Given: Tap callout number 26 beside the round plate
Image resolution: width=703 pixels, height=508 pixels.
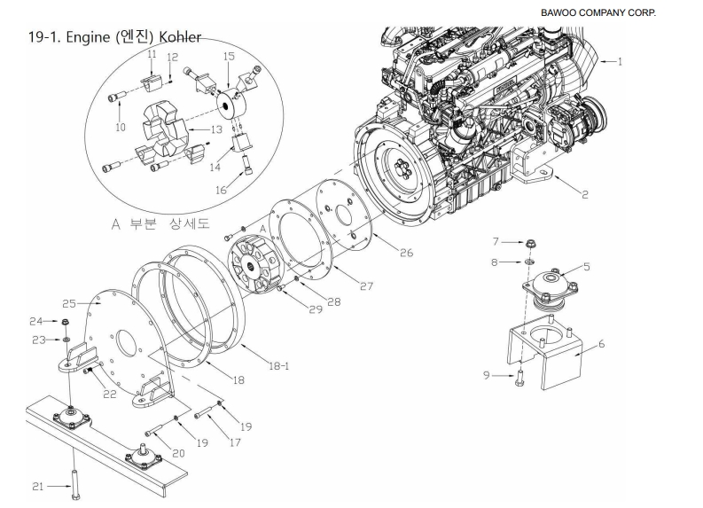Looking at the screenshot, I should [x=405, y=253].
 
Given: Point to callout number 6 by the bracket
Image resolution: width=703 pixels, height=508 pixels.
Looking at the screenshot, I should [x=602, y=344].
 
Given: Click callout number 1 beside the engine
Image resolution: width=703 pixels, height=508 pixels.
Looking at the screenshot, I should [x=620, y=62].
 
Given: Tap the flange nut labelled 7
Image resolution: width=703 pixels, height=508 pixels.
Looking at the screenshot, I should [x=526, y=241].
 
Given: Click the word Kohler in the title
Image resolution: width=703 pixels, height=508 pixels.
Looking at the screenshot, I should [x=171, y=38].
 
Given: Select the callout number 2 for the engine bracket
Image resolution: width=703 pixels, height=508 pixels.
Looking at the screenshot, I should [x=585, y=195].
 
